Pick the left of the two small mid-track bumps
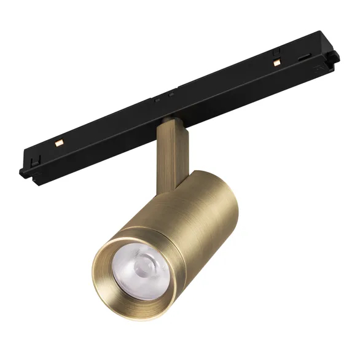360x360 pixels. point(159,98)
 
